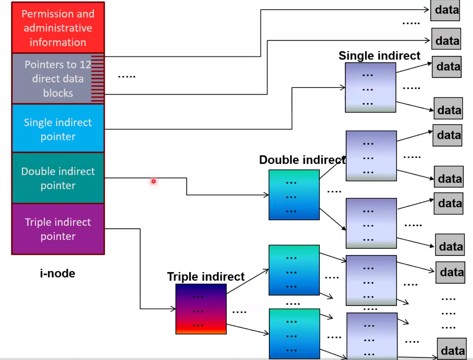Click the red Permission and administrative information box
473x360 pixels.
(x=58, y=28)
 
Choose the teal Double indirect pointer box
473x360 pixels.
(x=58, y=178)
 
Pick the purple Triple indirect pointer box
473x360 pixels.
(x=58, y=229)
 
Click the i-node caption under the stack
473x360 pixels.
(x=58, y=273)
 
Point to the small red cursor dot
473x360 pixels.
(x=153, y=181)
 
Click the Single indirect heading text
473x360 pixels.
(x=379, y=56)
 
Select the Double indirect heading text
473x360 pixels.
(x=302, y=160)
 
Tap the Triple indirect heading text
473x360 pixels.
(x=206, y=277)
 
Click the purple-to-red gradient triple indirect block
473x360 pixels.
(x=201, y=309)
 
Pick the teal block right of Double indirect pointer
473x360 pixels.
(x=294, y=195)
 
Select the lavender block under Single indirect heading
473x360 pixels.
(x=370, y=87)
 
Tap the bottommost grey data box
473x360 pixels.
(x=451, y=349)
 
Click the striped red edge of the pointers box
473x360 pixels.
(x=98, y=79)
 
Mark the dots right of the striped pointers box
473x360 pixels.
(x=127, y=77)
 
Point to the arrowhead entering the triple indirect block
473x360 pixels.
(x=173, y=308)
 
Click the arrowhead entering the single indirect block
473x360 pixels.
(x=343, y=88)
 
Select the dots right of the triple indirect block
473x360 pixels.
(x=239, y=312)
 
